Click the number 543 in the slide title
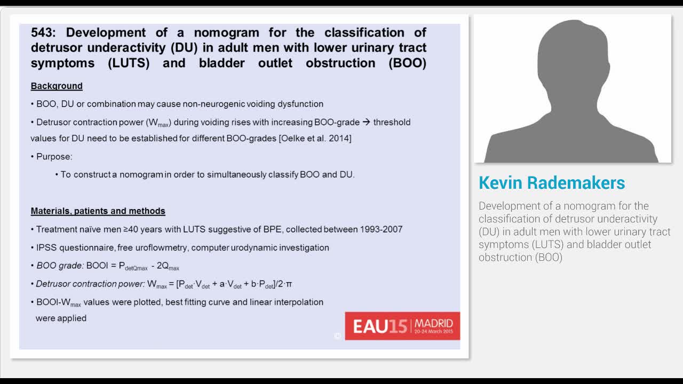pyautogui.click(x=44, y=33)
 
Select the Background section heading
pyautogui.click(x=57, y=86)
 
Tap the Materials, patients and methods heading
pyautogui.click(x=98, y=211)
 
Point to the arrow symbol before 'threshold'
pyautogui.click(x=366, y=122)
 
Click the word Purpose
pyautogui.click(x=54, y=157)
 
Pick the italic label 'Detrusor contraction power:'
pyautogui.click(x=90, y=284)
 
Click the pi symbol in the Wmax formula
pyautogui.click(x=289, y=284)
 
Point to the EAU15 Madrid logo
pyautogui.click(x=402, y=326)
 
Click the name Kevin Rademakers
pyautogui.click(x=552, y=183)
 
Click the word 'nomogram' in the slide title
pyautogui.click(x=226, y=33)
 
